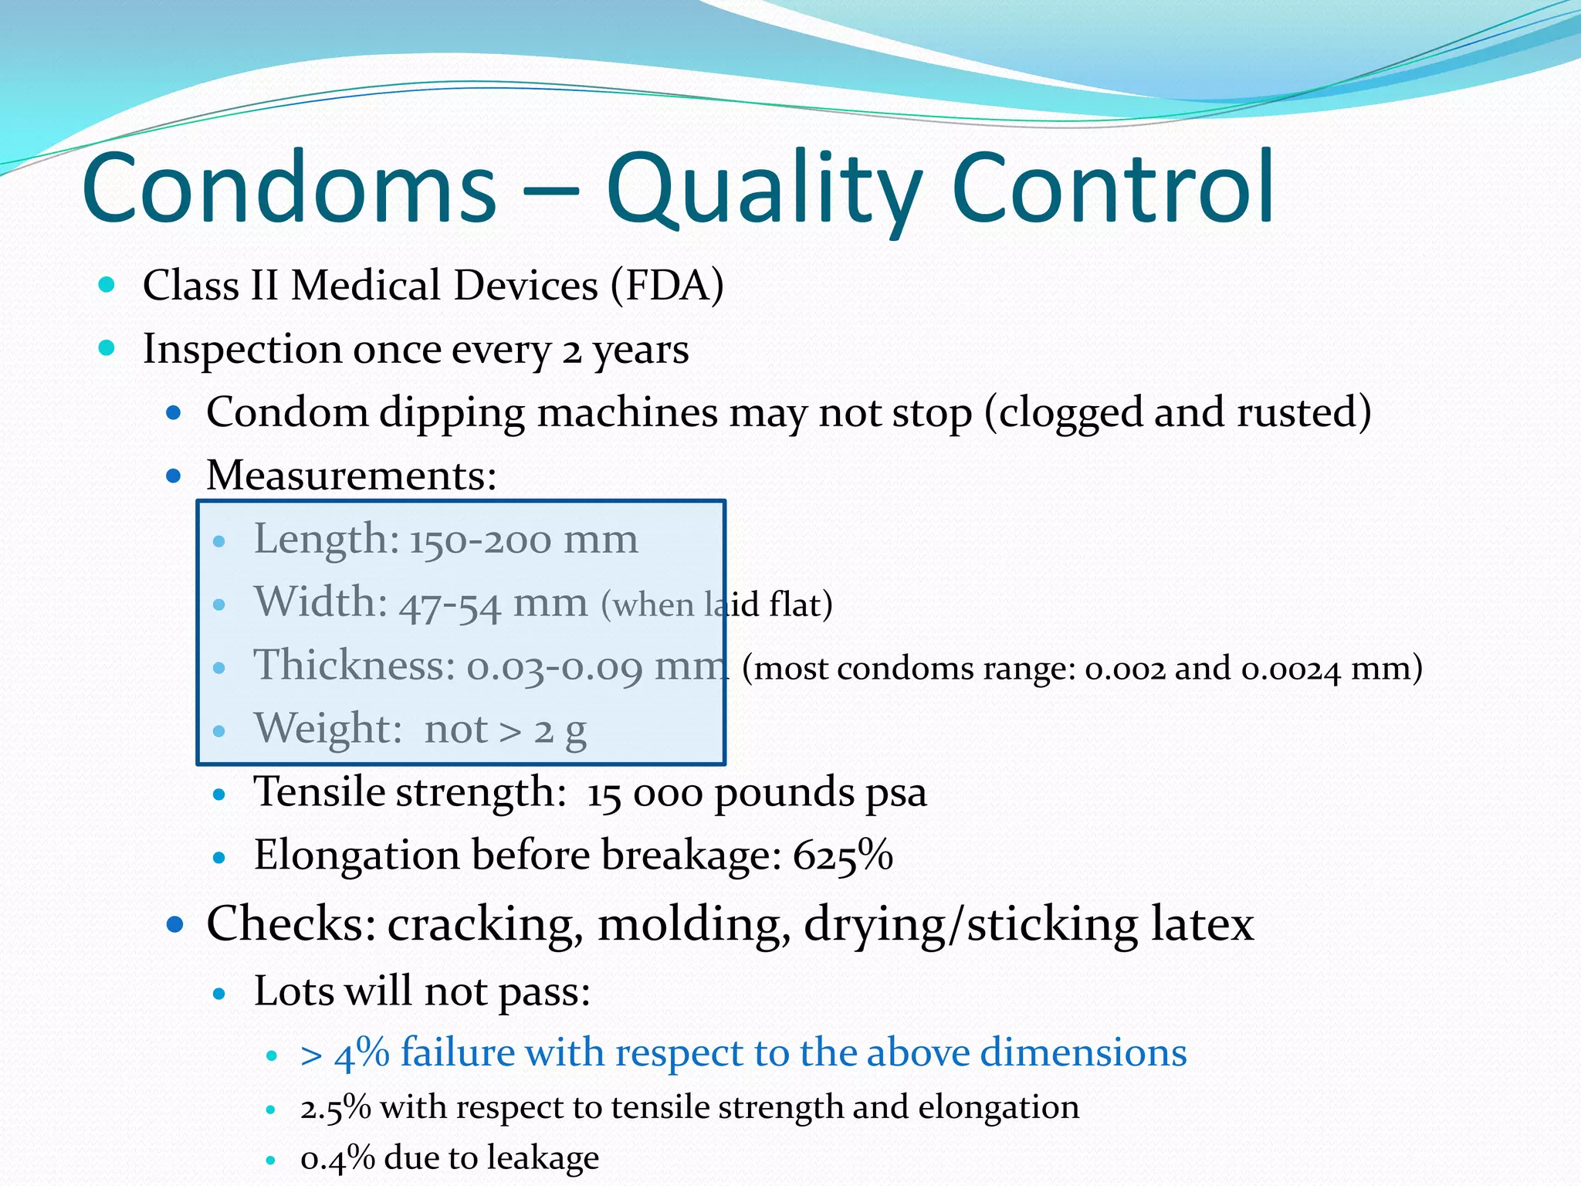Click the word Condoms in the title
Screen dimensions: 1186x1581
pyautogui.click(x=289, y=188)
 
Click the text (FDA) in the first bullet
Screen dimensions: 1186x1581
pyautogui.click(x=667, y=285)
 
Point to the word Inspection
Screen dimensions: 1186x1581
pyautogui.click(x=242, y=349)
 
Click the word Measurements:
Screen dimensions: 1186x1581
pyautogui.click(x=351, y=475)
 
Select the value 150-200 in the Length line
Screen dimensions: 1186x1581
pyautogui.click(x=480, y=540)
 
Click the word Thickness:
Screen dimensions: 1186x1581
pyautogui.click(x=354, y=665)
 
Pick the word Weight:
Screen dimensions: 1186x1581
pyautogui.click(x=328, y=728)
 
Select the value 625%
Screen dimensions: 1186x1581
pyautogui.click(x=842, y=856)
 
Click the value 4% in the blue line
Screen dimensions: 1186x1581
pyautogui.click(x=361, y=1053)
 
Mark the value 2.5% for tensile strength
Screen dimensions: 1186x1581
pyautogui.click(x=336, y=1108)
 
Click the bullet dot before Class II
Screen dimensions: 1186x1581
pyautogui.click(x=107, y=285)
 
